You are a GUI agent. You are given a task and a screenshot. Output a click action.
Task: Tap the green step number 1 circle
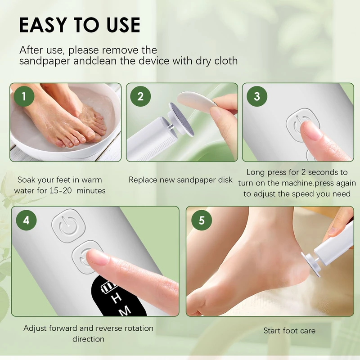(24, 96)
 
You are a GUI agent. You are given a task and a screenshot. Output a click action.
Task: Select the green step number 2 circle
(140, 96)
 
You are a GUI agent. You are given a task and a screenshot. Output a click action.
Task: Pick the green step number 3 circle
(257, 96)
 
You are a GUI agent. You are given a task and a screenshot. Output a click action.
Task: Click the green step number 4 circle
(26, 220)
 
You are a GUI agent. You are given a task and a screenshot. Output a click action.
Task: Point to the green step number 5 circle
(202, 220)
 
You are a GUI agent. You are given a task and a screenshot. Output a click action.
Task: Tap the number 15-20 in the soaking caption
(61, 190)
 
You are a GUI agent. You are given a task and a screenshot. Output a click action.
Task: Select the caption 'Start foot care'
(289, 331)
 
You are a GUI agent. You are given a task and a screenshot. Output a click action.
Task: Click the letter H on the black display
(117, 298)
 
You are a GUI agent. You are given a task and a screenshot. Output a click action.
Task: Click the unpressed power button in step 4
(68, 225)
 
